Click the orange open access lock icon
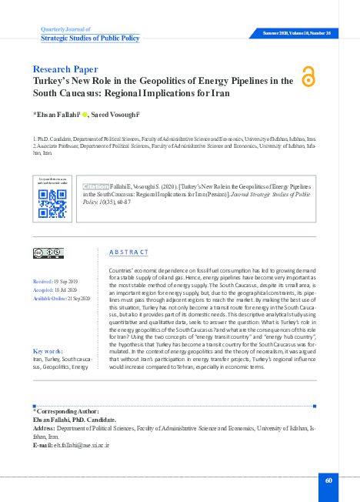[309, 76]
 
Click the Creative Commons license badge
[48, 252]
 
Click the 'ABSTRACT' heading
[128, 252]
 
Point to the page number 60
[328, 480]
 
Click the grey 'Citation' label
[96, 186]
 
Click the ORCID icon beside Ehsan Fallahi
[75, 114]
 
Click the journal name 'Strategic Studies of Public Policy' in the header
[89, 37]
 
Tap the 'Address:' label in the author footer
[44, 429]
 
